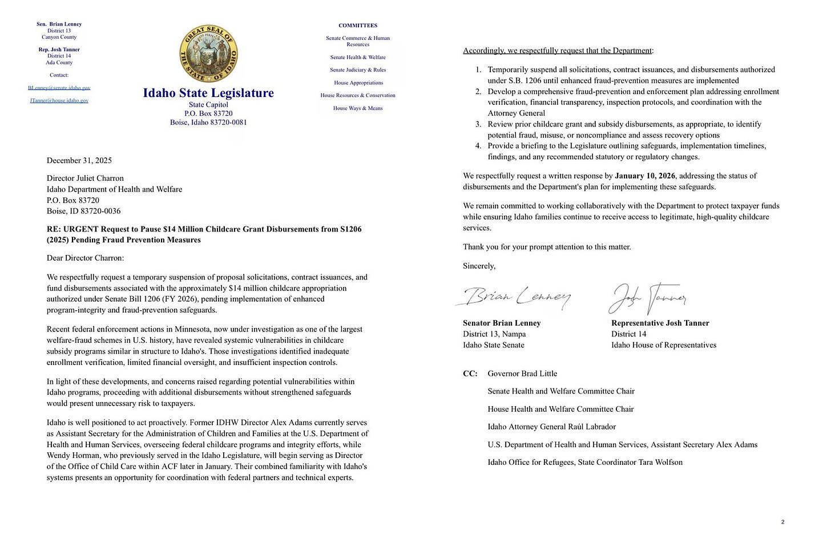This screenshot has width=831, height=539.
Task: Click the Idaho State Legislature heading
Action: coord(208,93)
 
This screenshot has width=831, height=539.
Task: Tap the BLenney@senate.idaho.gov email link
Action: coord(59,88)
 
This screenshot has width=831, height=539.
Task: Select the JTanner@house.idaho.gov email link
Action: coord(59,100)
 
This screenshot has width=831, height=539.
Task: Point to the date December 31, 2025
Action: coord(79,160)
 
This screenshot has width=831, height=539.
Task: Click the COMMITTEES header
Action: coord(358,26)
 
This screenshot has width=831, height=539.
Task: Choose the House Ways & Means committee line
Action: coord(358,108)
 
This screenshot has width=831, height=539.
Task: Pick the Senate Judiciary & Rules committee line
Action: coord(358,70)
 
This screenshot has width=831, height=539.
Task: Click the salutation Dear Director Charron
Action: coord(85,258)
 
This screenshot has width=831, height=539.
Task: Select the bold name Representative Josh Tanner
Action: coord(660,323)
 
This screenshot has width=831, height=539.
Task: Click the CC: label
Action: coord(470,374)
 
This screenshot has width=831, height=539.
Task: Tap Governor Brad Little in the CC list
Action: coord(522,374)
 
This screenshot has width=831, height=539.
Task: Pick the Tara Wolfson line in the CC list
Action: coord(585,462)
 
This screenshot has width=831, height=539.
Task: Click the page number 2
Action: coord(782,522)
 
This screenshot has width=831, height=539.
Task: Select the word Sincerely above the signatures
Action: coord(479,266)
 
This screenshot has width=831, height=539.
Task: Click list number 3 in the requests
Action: coord(478,124)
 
